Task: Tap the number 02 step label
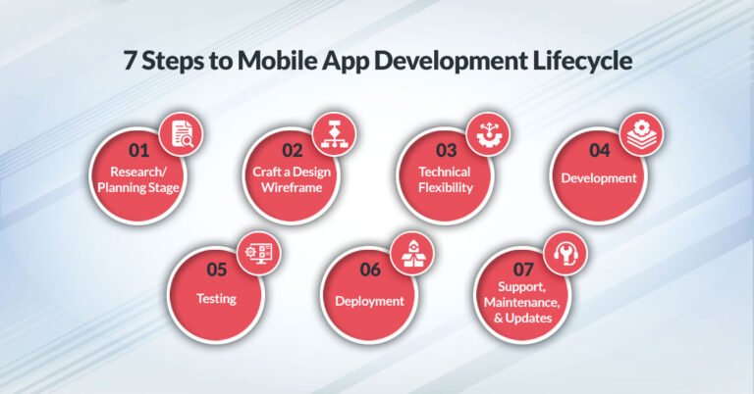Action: tap(292, 150)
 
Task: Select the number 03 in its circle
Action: tap(446, 150)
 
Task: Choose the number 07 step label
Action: tap(521, 267)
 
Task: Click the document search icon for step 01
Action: tap(181, 133)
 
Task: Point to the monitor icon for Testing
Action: tap(258, 252)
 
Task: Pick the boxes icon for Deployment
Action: tap(411, 252)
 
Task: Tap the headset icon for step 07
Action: tap(565, 252)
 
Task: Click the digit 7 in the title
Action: tap(130, 61)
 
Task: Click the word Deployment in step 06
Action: tap(369, 301)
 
